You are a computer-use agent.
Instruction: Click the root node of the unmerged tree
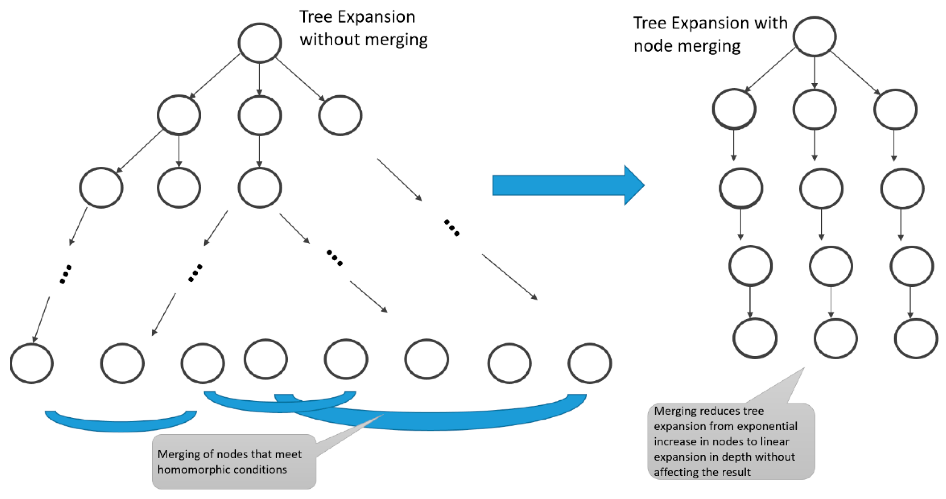click(x=260, y=43)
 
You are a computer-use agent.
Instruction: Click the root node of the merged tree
click(x=814, y=36)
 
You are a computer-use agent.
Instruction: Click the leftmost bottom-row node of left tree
click(x=32, y=363)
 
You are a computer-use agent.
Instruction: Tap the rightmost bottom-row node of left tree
click(x=589, y=363)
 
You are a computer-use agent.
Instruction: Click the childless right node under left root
click(x=340, y=116)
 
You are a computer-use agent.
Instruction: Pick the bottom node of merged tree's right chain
click(x=916, y=339)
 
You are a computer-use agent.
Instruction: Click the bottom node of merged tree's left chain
click(x=755, y=338)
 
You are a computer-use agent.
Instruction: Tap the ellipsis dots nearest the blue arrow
click(x=451, y=228)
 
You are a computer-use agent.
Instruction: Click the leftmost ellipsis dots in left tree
click(x=65, y=274)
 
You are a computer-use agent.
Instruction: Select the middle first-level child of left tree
click(x=260, y=116)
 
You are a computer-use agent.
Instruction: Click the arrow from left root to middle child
click(x=260, y=79)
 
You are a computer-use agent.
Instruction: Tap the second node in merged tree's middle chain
click(x=821, y=189)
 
